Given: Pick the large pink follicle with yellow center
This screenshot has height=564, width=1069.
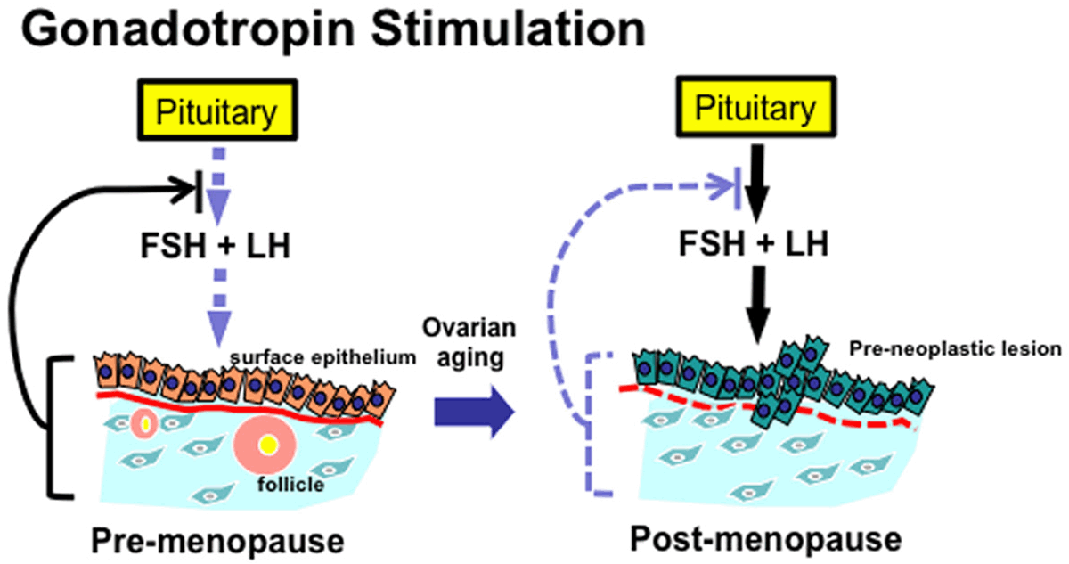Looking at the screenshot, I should pyautogui.click(x=264, y=443).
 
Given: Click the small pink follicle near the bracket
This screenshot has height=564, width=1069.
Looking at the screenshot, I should pyautogui.click(x=143, y=422).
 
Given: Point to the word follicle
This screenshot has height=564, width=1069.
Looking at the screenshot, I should pyautogui.click(x=290, y=486).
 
